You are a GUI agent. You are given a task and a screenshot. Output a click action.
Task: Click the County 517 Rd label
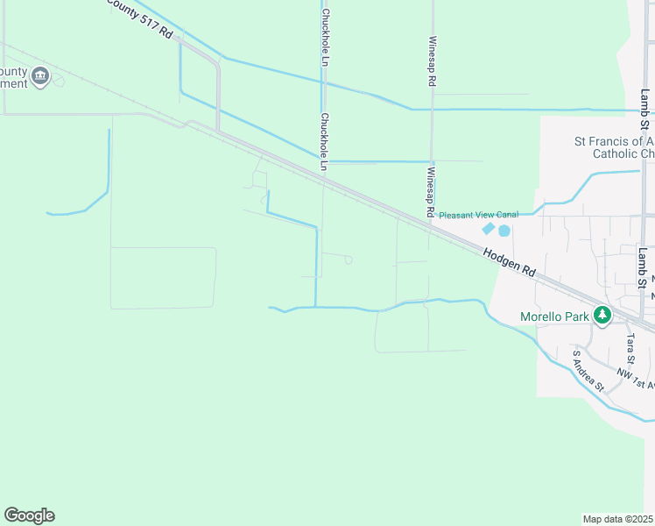pyautogui.click(x=141, y=18)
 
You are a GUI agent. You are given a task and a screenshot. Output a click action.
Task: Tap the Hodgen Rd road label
pyautogui.click(x=509, y=260)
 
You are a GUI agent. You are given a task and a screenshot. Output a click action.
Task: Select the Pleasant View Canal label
pyautogui.click(x=478, y=215)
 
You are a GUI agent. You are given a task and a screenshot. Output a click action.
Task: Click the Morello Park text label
pyautogui.click(x=555, y=316)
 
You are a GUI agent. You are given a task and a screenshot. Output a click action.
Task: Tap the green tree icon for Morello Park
pyautogui.click(x=602, y=315)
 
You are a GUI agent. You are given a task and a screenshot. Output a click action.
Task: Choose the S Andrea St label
pyautogui.click(x=588, y=370)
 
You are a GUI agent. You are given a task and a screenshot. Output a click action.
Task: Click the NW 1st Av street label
pyautogui.click(x=636, y=379)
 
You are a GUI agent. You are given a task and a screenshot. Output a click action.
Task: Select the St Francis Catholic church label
pyautogui.click(x=614, y=147)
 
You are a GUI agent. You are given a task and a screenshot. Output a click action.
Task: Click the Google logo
pyautogui.click(x=29, y=515)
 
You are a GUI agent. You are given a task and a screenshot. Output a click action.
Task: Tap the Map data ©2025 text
pyautogui.click(x=618, y=519)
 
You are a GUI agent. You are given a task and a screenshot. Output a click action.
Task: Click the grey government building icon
pyautogui.click(x=39, y=77)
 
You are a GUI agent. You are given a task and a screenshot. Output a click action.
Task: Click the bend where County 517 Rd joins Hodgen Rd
pyautogui.click(x=218, y=131)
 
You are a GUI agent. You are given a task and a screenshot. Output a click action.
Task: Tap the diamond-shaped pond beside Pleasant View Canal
pyautogui.click(x=488, y=229)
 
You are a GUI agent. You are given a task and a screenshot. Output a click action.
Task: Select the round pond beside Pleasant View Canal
pyautogui.click(x=504, y=231)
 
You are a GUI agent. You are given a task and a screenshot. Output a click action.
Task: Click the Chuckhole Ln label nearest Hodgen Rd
pyautogui.click(x=324, y=140)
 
